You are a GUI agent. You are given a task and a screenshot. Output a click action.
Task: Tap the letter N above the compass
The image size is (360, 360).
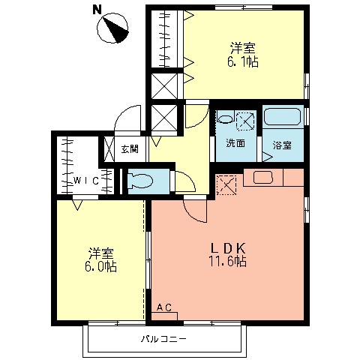point(96,10)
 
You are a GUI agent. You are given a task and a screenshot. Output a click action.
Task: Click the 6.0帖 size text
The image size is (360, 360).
point(100,266)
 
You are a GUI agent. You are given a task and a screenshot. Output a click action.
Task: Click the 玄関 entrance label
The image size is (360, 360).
point(129,148)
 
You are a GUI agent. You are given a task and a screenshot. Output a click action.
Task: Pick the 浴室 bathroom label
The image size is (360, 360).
point(282,144)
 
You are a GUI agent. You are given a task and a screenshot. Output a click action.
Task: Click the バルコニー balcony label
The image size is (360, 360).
point(163,339)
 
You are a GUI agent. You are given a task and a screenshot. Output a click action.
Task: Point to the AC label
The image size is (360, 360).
point(164,307)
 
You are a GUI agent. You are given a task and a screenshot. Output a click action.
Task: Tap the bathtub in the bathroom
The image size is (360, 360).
point(283,118)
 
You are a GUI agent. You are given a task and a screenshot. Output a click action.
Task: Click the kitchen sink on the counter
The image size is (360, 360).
point(262,177)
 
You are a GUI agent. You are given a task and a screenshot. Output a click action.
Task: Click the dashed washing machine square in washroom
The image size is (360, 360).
point(245,120)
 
